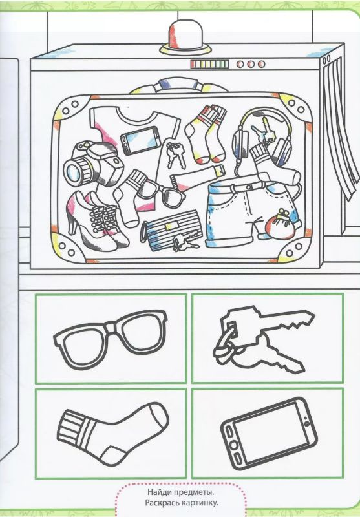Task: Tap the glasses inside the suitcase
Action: coord(161,192)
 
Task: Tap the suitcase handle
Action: coord(178,85)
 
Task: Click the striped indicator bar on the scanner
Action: coord(209,64)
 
